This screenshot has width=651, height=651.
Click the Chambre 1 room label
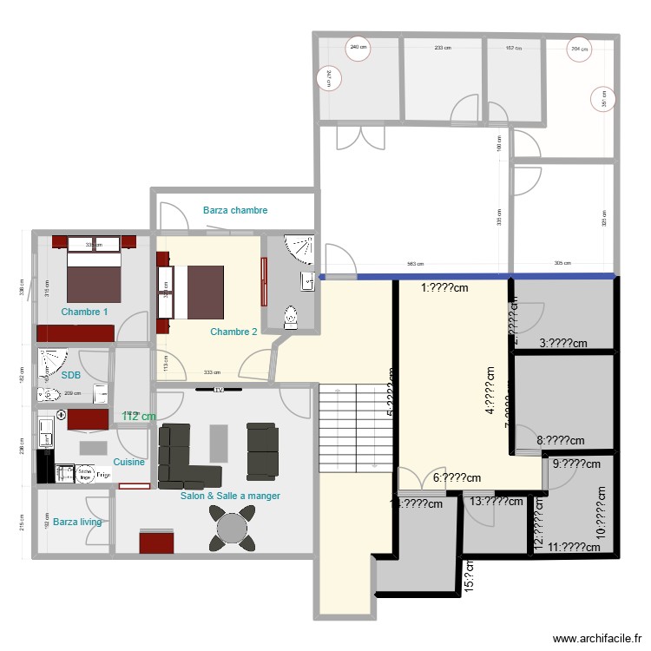(84, 312)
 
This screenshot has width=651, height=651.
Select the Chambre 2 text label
(233, 332)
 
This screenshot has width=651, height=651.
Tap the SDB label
(71, 375)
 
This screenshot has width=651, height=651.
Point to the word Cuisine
(128, 463)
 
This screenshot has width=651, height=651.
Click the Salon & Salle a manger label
(230, 496)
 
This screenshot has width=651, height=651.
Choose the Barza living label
(77, 522)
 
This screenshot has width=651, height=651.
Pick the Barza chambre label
(235, 210)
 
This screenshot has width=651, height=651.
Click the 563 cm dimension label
(416, 264)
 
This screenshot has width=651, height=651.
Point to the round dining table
(233, 528)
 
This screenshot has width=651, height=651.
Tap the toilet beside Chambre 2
(290, 318)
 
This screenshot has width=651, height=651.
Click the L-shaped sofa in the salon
(182, 456)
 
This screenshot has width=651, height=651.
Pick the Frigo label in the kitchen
(102, 475)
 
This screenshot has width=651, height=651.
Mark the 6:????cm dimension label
(457, 477)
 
